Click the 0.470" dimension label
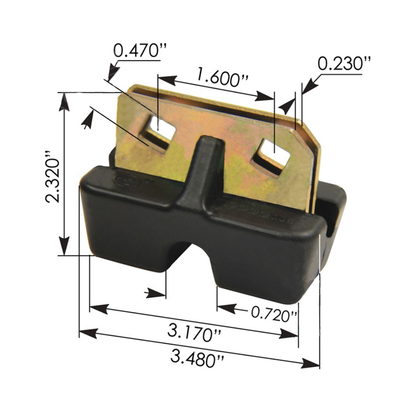tap(136, 51)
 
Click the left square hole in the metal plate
tap(160, 129)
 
